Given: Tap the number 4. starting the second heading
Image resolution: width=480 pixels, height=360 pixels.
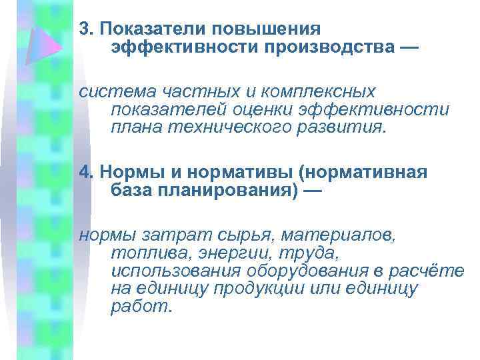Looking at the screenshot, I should pos(85,173).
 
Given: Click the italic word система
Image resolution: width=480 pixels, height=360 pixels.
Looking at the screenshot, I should pos(111,91).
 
